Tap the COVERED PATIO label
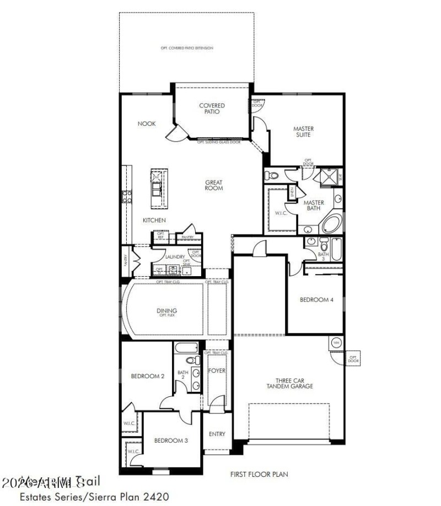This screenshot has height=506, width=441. pos(212,109)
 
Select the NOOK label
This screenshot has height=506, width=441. pos(147,124)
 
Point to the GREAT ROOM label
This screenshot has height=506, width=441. pos(214,185)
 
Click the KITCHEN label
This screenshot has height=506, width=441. pos(154,220)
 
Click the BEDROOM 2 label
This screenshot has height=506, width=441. pos(147,376)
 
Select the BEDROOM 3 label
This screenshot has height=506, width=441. pos(171,440)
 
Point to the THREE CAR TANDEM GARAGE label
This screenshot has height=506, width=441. pos(294,383)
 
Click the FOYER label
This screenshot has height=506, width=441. pos(217,371)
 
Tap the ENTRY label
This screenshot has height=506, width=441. pos(217,434)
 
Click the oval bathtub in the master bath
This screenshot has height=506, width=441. pos(332,224)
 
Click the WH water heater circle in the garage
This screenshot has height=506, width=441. pos(336,343)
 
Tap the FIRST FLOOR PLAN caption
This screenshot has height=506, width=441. pos(259,474)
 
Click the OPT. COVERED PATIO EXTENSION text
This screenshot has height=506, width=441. pos(187,49)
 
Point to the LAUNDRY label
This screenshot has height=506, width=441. pos(175,257)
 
